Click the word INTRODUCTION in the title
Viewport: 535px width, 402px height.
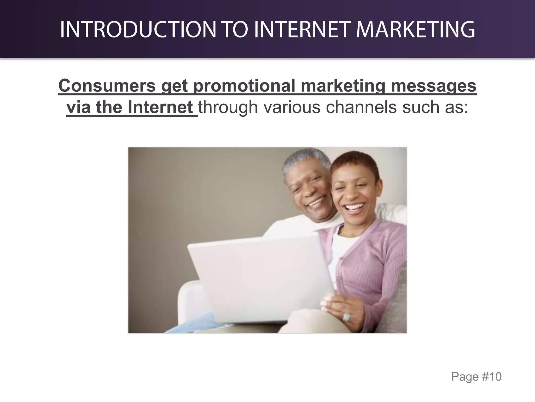(138, 29)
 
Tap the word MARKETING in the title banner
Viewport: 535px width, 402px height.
(416, 29)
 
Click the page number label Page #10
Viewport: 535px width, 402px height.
(476, 377)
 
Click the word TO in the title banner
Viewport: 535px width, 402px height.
(235, 29)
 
